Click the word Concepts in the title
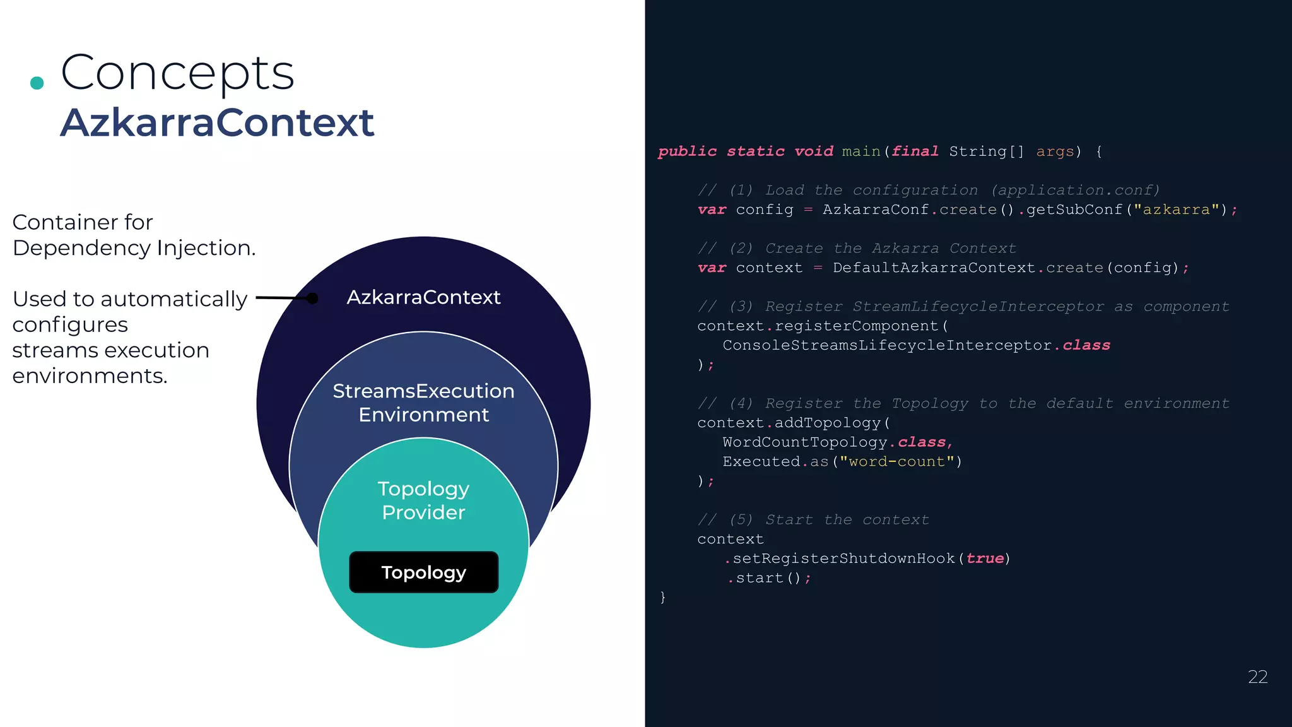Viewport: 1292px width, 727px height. click(x=177, y=73)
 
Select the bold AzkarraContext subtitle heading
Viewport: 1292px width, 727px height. click(x=217, y=122)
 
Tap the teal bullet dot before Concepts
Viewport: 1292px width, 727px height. click(x=37, y=83)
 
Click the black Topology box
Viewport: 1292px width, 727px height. click(x=423, y=572)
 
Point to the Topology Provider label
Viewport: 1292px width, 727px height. click(x=423, y=500)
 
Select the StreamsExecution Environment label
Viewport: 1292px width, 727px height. click(x=423, y=403)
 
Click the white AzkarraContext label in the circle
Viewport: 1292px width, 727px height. click(x=423, y=297)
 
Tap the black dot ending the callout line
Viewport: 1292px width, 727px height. click(x=312, y=298)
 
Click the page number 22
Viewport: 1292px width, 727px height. click(x=1257, y=677)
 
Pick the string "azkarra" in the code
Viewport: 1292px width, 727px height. click(x=1176, y=210)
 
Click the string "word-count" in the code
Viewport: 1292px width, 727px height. click(x=896, y=462)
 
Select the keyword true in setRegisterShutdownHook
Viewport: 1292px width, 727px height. click(x=984, y=559)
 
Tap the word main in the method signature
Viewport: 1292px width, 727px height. click(x=860, y=151)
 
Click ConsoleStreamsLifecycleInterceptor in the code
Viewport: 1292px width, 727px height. click(x=887, y=345)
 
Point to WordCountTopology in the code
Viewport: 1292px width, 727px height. click(x=804, y=442)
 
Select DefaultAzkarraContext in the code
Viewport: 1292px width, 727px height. click(x=934, y=268)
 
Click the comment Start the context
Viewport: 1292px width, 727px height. click(x=846, y=520)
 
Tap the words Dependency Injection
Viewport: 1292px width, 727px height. click(x=134, y=248)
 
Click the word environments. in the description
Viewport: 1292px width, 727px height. click(x=90, y=376)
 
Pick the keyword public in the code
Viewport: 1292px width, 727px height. click(x=687, y=151)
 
